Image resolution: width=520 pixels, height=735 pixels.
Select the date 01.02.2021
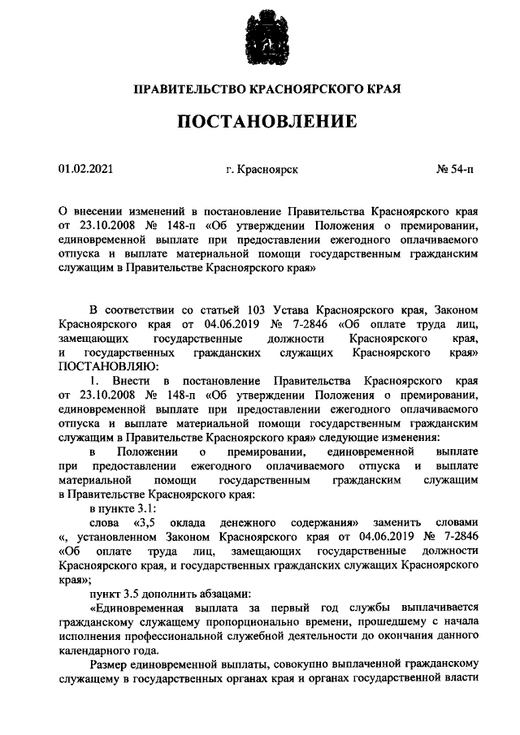coord(86,169)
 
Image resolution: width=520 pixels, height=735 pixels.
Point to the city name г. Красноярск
coord(262,169)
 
